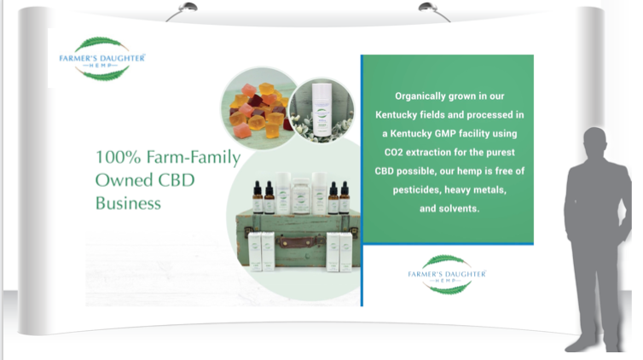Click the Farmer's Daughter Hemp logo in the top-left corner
click(102, 59)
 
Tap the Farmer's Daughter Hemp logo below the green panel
click(447, 274)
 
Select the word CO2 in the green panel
click(393, 152)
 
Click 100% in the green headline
click(118, 157)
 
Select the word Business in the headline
click(128, 203)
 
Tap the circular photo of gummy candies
click(259, 107)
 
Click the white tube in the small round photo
click(321, 108)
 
